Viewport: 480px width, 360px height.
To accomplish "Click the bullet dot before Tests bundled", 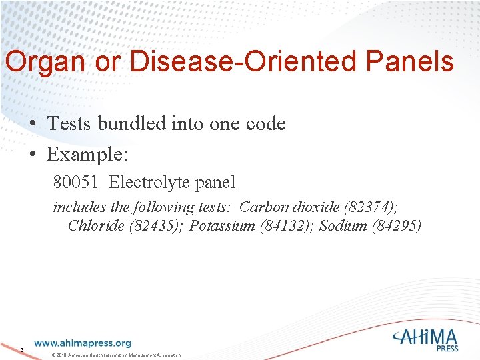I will (32, 124).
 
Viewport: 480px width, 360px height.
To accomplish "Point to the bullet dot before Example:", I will (32, 155).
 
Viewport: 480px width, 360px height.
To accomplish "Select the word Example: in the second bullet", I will (87, 155).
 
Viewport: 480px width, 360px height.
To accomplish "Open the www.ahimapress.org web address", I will (83, 343).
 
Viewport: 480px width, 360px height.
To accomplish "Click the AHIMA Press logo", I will (425, 340).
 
